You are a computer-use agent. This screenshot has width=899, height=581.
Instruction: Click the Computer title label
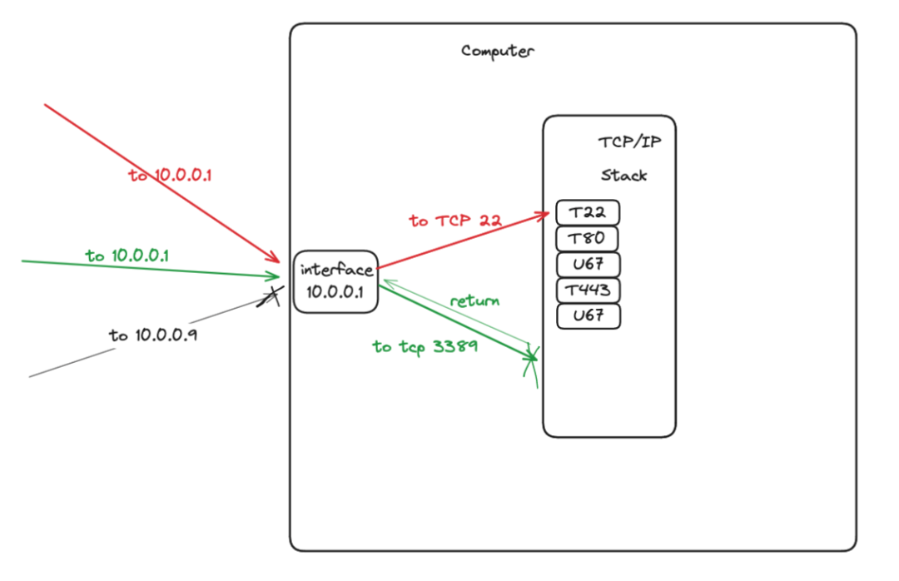[x=498, y=51]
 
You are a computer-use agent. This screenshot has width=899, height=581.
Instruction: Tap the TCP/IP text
[x=630, y=142]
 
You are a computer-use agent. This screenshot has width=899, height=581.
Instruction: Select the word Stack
[x=623, y=176]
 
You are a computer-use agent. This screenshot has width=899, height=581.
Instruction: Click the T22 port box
[x=588, y=212]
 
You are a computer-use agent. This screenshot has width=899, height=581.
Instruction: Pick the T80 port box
[x=588, y=239]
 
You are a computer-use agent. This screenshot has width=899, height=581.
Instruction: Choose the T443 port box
[x=588, y=290]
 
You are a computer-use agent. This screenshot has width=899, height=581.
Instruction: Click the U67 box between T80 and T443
[x=588, y=265]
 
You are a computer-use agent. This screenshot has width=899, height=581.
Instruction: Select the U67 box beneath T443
[x=588, y=316]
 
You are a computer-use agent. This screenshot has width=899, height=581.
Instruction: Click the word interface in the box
[x=336, y=270]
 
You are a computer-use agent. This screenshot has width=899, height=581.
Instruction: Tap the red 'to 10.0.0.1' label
[x=171, y=176]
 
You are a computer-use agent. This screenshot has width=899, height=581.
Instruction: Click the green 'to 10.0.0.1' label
[x=127, y=255]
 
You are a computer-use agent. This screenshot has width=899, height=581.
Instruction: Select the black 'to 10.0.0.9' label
[x=152, y=335]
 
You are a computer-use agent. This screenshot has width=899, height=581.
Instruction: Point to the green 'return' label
[x=474, y=300]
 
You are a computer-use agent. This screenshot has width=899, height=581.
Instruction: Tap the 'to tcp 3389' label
[x=425, y=346]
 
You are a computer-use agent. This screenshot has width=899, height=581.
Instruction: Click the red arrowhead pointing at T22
[x=544, y=214]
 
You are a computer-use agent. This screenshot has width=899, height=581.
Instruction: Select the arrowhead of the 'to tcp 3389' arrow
[x=530, y=359]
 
